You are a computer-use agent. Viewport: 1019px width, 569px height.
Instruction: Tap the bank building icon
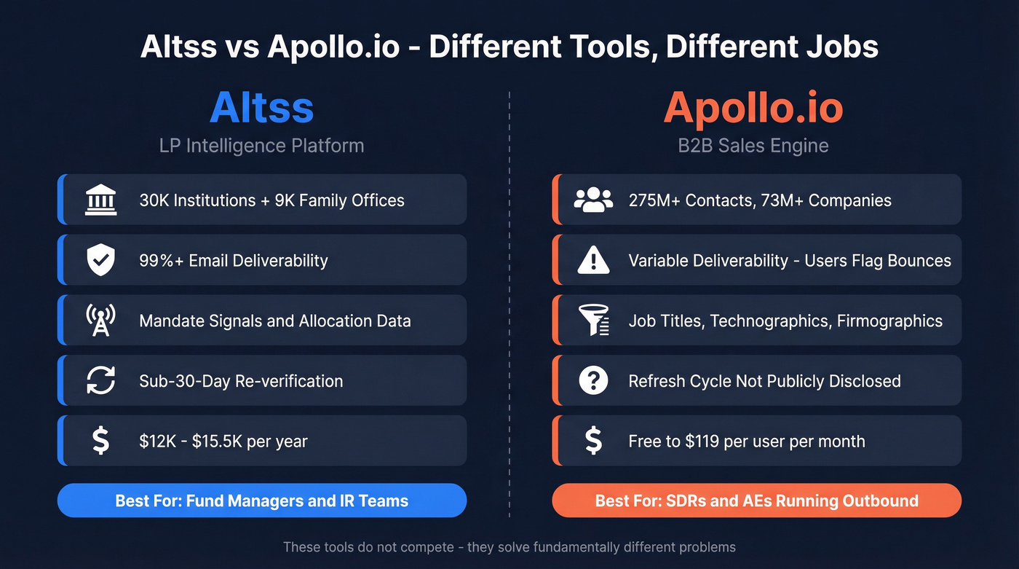click(x=100, y=200)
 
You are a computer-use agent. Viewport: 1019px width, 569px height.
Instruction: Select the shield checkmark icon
click(x=100, y=260)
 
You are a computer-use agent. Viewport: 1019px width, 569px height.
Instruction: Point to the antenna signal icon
click(x=100, y=321)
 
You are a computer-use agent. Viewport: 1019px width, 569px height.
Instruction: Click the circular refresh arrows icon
click(x=100, y=380)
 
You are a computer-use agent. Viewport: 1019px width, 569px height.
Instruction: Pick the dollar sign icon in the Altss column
click(x=100, y=441)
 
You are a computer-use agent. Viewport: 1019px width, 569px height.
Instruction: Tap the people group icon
click(x=593, y=200)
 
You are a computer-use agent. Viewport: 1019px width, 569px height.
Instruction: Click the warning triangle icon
click(x=593, y=260)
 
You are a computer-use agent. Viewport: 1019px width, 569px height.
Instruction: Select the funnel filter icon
click(x=593, y=321)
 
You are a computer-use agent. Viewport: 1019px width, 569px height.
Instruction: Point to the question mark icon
click(x=593, y=380)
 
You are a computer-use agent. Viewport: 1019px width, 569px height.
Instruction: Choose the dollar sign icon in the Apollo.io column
click(x=593, y=441)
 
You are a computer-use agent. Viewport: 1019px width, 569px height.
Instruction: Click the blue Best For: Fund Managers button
click(x=261, y=501)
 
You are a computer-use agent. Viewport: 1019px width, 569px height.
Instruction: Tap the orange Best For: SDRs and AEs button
click(x=756, y=501)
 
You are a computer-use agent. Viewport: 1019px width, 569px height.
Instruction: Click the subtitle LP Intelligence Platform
click(x=261, y=145)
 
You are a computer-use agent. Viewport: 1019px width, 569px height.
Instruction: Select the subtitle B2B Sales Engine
click(x=753, y=145)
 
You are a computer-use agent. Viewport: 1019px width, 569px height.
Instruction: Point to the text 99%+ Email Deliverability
click(x=233, y=260)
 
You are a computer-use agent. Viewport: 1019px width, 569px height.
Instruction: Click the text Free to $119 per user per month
click(x=747, y=441)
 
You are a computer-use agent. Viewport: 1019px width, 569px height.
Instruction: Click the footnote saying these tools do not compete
click(x=509, y=546)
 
